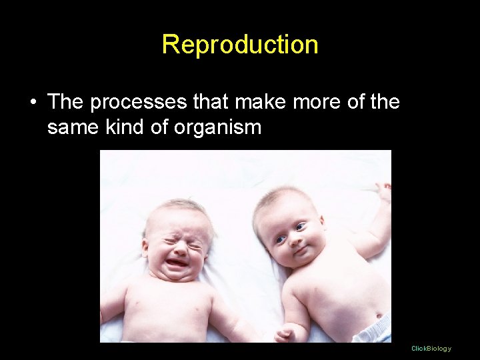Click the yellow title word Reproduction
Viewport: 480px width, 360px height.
[x=240, y=45]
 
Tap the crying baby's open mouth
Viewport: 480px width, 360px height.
[x=177, y=261]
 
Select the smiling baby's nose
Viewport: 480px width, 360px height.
[x=293, y=238]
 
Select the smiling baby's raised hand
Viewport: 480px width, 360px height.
[x=383, y=193]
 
